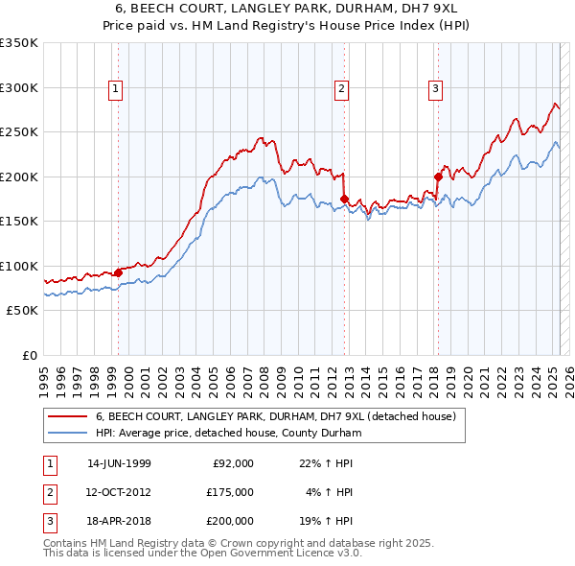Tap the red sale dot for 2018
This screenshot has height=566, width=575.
(438, 177)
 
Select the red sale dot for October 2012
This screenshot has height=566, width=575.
(344, 199)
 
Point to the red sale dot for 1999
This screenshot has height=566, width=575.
(119, 272)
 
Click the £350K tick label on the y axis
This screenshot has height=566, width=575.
(19, 43)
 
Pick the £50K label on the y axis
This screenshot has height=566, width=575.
(23, 311)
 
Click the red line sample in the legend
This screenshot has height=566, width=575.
(67, 416)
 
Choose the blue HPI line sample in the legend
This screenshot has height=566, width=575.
(67, 433)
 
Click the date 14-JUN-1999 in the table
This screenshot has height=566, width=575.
(119, 462)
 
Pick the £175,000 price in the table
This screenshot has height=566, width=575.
(229, 491)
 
